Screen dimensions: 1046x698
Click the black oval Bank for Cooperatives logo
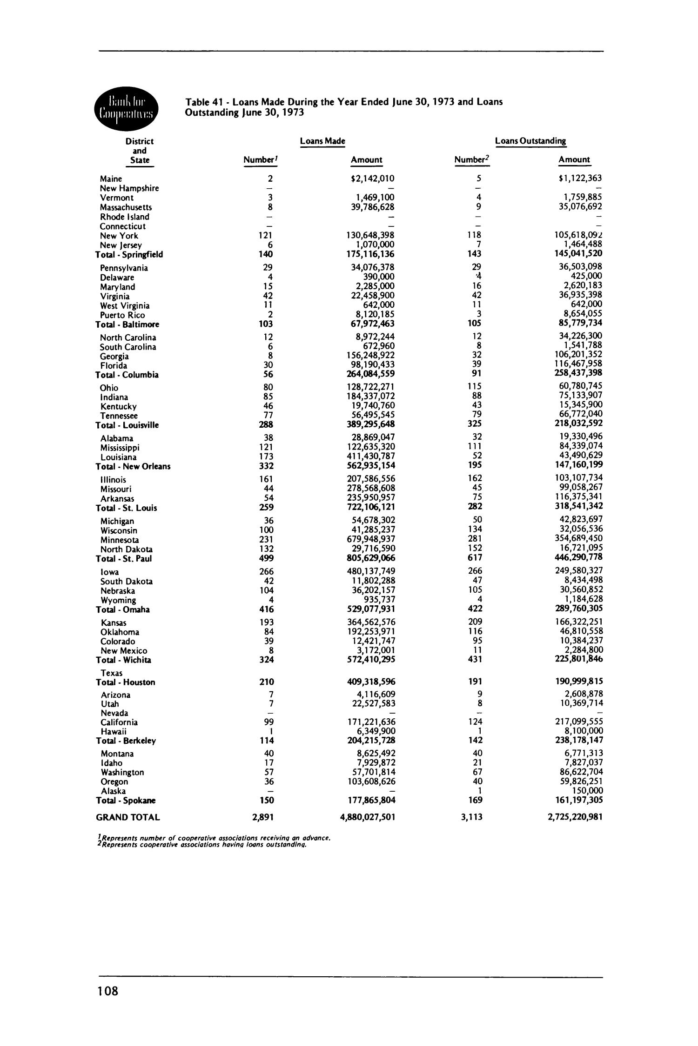pyautogui.click(x=126, y=107)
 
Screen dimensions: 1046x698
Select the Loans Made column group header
pyautogui.click(x=322, y=141)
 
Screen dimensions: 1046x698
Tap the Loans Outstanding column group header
pyautogui.click(x=530, y=141)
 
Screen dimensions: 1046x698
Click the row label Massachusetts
pyautogui.click(x=126, y=207)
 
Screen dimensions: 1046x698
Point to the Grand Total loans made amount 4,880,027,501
pyautogui.click(x=368, y=817)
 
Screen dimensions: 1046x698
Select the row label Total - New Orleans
pyautogui.click(x=133, y=466)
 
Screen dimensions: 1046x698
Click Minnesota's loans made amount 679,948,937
pyautogui.click(x=368, y=539)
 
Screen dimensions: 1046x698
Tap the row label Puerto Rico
pyautogui.click(x=122, y=315)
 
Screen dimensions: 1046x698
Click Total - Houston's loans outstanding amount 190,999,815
pyautogui.click(x=576, y=682)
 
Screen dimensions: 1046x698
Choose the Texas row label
pyautogui.click(x=112, y=673)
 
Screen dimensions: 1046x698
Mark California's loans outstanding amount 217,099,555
pyautogui.click(x=576, y=722)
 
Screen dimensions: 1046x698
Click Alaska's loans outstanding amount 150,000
pyautogui.click(x=587, y=791)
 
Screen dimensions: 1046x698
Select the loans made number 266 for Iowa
pyautogui.click(x=266, y=571)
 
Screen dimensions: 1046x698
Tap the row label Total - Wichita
pyautogui.click(x=123, y=660)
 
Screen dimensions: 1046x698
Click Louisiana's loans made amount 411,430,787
pyautogui.click(x=368, y=457)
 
